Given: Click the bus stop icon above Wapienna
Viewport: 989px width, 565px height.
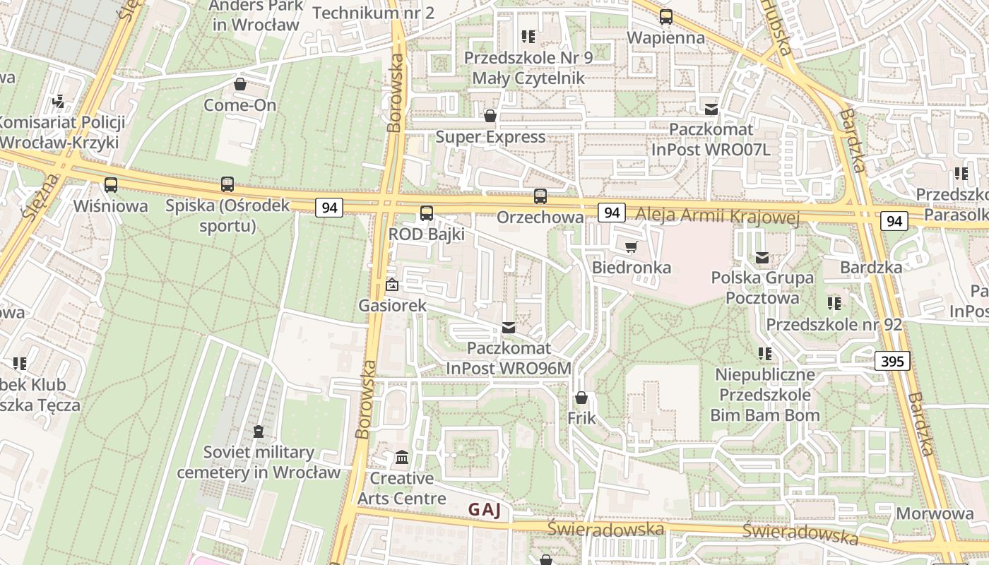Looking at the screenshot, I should point(665,17).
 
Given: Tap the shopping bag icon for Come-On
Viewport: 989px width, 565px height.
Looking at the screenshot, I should point(240,84).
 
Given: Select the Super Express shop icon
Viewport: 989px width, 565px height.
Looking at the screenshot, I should point(490,116).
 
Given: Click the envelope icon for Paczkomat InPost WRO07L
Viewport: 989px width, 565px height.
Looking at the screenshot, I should point(711,109).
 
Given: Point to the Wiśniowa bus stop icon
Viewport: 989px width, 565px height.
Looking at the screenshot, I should point(111,185).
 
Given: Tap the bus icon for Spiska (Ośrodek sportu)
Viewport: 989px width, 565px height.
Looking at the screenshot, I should point(227,184).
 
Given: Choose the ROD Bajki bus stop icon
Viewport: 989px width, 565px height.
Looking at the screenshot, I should point(426,213).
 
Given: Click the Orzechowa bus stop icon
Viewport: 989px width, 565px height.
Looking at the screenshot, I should point(540,196).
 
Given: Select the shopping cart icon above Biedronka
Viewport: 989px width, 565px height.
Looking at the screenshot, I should point(631,246).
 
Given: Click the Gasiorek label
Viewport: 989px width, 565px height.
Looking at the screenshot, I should point(393,305).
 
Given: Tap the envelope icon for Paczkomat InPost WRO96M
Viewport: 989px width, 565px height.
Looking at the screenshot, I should point(508,327).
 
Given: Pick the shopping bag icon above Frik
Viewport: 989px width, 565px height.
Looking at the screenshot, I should point(581,398).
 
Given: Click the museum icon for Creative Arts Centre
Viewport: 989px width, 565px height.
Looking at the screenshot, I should point(402,458).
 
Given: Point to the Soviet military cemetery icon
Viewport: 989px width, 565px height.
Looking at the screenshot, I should point(259,431).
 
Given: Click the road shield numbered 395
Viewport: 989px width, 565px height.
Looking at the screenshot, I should point(892,362).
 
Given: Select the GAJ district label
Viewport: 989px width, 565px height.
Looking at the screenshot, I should point(485,510).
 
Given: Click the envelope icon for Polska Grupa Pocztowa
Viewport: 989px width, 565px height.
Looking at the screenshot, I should point(762,258).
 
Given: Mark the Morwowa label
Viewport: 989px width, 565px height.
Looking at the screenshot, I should point(935,513).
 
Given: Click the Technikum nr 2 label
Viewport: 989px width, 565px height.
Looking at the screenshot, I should point(373,13).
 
